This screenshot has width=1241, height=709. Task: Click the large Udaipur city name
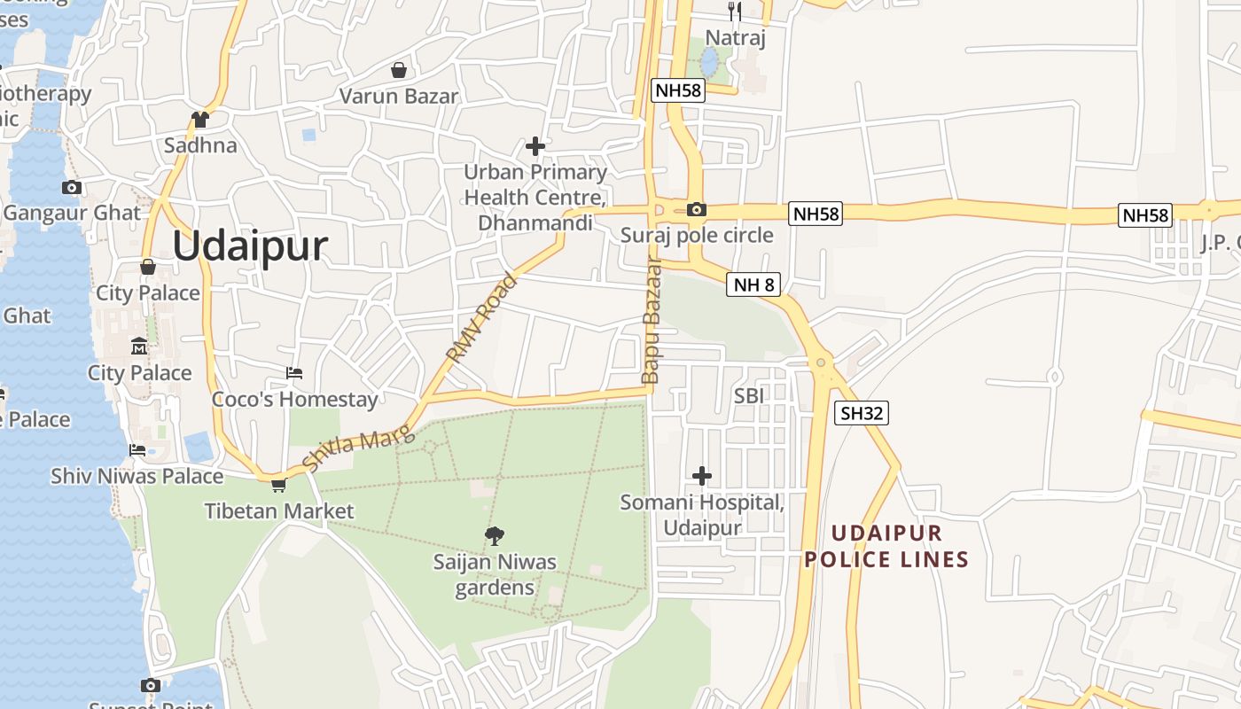[x=250, y=245]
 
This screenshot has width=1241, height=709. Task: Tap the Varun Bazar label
[x=399, y=96]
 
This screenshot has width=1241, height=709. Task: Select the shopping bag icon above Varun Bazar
[x=399, y=70]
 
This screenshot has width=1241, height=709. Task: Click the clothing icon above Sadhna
[x=200, y=119]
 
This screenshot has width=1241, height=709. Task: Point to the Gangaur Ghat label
[x=72, y=213]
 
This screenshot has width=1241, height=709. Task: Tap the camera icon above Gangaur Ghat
[x=72, y=187]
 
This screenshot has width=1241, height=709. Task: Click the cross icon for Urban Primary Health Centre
[x=535, y=145]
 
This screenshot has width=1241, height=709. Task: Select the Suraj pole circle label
[x=697, y=235]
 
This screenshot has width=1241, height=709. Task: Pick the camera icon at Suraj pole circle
[x=697, y=210]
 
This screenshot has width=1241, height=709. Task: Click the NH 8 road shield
[x=754, y=284]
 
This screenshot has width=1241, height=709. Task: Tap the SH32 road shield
[x=862, y=413]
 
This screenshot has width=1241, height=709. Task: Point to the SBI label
[x=749, y=395]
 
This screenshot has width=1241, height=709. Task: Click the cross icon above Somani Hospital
[x=702, y=476]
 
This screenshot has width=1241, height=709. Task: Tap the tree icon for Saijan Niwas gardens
[x=495, y=534]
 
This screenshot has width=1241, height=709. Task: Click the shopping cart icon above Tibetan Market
[x=279, y=485]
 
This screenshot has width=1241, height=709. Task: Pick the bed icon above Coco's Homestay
[x=294, y=373]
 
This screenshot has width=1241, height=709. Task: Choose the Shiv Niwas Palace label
[x=137, y=476]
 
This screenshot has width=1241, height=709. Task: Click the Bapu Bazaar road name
[x=652, y=321]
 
